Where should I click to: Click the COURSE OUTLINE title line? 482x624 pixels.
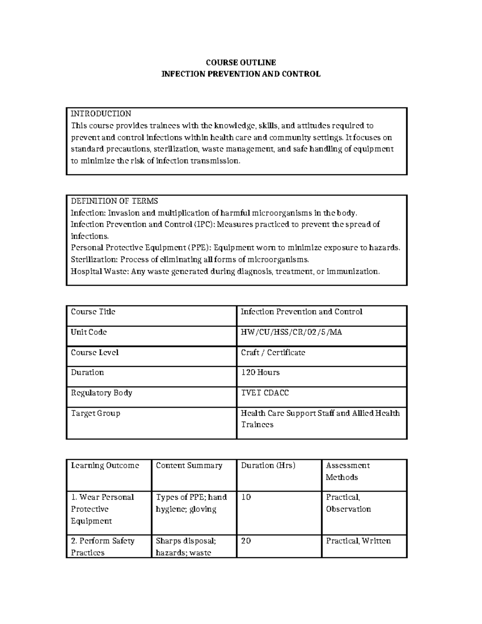point(241,62)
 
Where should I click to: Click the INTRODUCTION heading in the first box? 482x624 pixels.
point(101,114)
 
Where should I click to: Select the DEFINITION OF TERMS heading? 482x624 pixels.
point(114,201)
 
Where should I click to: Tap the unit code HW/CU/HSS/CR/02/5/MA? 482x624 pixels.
point(291,332)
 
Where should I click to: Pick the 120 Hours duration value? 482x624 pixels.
point(260,372)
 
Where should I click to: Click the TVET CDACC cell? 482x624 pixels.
point(265,393)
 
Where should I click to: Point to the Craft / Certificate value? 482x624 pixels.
point(273,352)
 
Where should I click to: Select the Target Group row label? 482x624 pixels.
point(96,413)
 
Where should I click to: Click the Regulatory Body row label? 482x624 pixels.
point(102,393)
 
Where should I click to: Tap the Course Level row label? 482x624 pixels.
point(95,352)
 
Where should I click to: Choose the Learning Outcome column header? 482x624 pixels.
point(105,465)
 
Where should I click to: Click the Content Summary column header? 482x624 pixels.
point(189,465)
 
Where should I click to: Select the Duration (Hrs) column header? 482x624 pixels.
point(268,465)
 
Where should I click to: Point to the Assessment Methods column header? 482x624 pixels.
point(347,471)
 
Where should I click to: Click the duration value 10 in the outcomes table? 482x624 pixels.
point(246,497)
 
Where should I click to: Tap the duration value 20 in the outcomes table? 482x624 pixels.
point(246,541)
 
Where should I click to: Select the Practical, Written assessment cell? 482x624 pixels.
point(358,541)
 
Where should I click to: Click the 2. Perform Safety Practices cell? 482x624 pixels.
point(102,546)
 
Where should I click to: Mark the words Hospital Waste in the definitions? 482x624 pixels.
point(99,271)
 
